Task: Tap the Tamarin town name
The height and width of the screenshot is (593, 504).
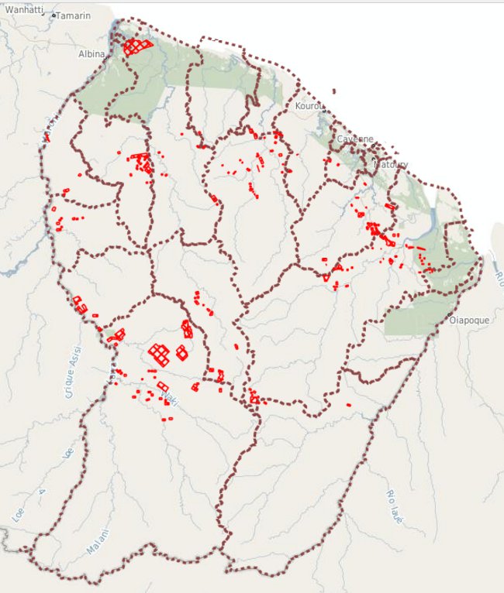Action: [74, 15]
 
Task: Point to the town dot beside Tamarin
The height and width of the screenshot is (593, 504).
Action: [54, 15]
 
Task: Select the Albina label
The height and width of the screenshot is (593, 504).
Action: [91, 54]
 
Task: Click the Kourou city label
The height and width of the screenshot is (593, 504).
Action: [308, 105]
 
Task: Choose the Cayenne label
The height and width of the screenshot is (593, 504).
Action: [355, 139]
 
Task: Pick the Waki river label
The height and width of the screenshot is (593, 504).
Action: [166, 397]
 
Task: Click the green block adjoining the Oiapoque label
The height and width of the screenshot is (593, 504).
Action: [415, 319]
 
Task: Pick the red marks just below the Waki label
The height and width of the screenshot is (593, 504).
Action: [167, 418]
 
